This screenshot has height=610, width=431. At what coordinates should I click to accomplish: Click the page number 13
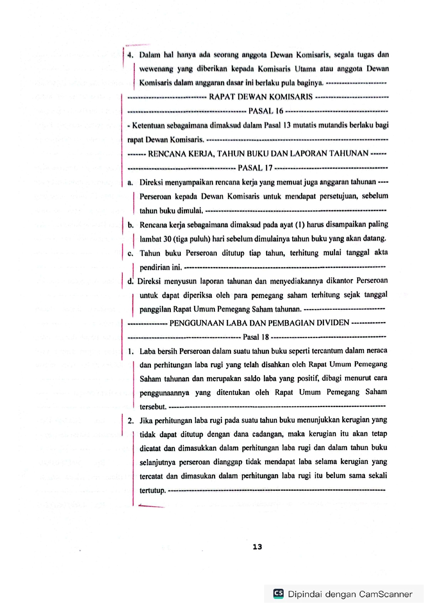click(257, 547)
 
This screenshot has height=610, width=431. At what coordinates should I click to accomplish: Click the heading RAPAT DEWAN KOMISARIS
click(261, 97)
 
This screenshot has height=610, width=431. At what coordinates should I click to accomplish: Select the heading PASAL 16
click(266, 111)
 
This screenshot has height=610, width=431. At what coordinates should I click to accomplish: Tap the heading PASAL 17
click(255, 168)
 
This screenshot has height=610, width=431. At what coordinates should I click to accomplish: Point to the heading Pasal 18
click(256, 337)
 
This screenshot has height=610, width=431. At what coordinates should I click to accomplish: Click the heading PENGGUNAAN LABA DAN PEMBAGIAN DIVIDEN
click(259, 323)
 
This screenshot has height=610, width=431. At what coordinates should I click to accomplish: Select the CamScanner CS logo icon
click(278, 593)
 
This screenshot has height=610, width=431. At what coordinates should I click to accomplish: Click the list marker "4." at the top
click(130, 55)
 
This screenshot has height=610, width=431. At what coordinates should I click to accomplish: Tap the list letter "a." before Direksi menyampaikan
click(130, 182)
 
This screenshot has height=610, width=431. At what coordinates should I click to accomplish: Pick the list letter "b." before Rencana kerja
click(131, 225)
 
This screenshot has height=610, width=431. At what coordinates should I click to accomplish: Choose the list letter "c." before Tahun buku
click(130, 253)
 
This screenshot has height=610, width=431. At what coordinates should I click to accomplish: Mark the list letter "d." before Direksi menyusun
click(130, 281)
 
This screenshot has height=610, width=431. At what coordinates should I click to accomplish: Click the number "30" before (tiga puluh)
click(168, 239)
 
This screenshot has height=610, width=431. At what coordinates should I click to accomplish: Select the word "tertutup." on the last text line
click(153, 490)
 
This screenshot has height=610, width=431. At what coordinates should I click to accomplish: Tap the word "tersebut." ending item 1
click(153, 407)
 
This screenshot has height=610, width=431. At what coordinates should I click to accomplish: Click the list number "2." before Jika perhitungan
click(131, 421)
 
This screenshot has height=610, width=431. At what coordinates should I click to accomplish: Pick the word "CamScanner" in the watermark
click(385, 594)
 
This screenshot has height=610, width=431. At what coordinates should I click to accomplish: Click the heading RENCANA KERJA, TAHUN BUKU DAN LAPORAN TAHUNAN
click(258, 154)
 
